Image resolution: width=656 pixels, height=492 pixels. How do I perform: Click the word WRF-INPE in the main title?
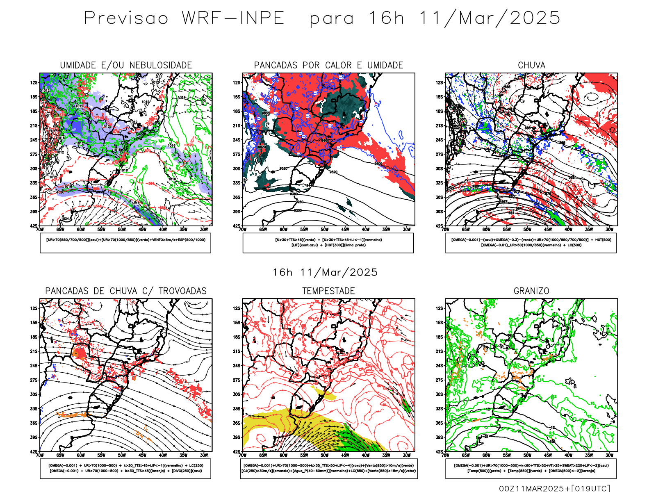point(233,18)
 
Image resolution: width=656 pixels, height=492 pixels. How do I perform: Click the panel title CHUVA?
point(531,65)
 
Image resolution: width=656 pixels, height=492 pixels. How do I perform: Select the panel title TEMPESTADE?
point(328,291)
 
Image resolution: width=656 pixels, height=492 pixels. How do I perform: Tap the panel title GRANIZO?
point(531,291)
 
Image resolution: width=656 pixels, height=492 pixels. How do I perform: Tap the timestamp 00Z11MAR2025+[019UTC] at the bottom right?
point(554,488)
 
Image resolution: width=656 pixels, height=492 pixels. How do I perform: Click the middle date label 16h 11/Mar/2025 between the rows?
point(325,272)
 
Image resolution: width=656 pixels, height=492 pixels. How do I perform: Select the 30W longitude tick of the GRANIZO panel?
point(609,455)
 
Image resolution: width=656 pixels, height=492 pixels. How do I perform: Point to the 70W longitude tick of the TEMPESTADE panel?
point(243,455)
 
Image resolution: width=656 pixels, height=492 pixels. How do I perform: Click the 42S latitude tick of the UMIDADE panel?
point(34,226)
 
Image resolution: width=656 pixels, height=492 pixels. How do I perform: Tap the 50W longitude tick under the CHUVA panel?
point(527,230)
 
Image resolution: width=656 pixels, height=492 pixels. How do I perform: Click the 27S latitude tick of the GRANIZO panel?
point(439,380)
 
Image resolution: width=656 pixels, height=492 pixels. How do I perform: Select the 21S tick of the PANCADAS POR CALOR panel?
point(237,125)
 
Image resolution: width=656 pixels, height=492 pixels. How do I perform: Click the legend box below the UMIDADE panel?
point(125,243)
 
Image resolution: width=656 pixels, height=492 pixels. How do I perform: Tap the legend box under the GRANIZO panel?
point(531,468)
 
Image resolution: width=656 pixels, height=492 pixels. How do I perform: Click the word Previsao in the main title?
point(126,18)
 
